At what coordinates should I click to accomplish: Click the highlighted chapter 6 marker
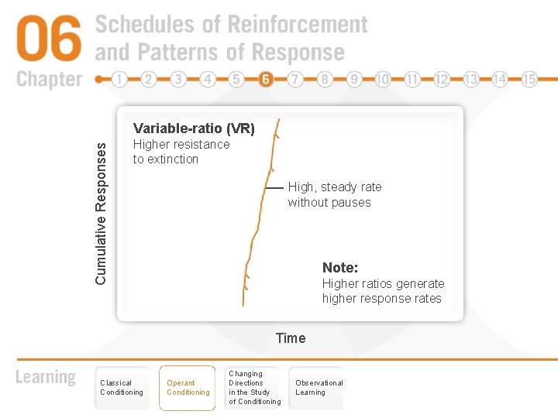[266, 79]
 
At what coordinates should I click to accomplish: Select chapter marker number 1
[119, 79]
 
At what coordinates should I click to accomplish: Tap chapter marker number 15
[529, 79]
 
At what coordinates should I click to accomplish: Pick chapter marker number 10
[383, 79]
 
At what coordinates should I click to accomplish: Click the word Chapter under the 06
[49, 79]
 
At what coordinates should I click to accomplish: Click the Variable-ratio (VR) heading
[194, 128]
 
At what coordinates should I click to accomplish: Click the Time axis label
[291, 337]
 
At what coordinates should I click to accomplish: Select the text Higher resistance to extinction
[181, 152]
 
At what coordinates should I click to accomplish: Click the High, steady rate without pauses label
[334, 194]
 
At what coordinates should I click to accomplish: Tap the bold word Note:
[340, 268]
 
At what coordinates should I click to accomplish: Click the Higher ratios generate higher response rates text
[383, 291]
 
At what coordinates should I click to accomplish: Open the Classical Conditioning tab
[122, 388]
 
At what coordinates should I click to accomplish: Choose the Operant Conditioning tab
[188, 388]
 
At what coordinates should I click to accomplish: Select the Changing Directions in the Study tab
[254, 388]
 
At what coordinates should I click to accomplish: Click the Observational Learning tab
[318, 388]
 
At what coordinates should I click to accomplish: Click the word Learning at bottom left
[46, 378]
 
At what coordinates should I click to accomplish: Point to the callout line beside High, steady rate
[274, 188]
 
